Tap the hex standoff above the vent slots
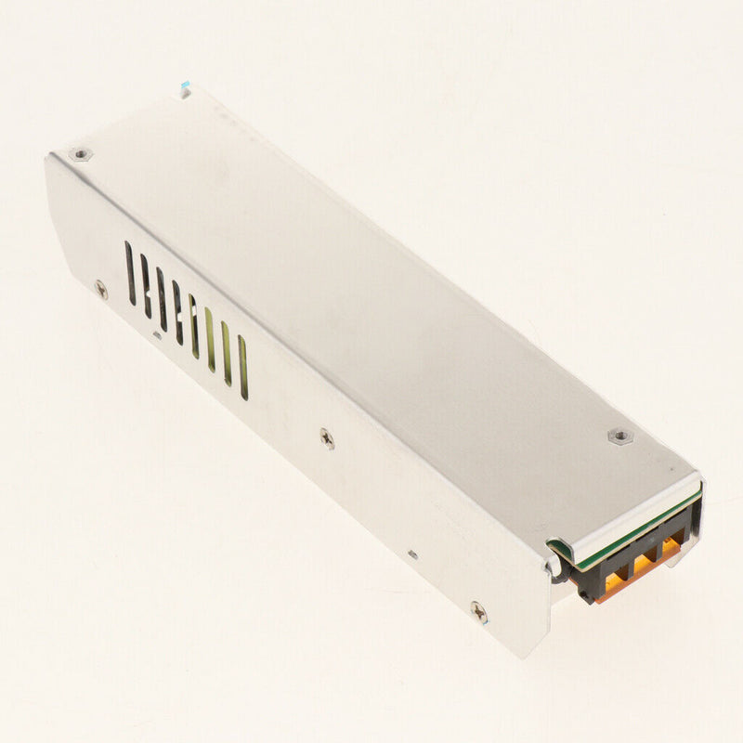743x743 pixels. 82,153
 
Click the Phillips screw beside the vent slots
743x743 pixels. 100,289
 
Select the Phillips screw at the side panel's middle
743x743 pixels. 327,437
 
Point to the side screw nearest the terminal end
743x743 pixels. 477,610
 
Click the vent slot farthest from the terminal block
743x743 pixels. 130,272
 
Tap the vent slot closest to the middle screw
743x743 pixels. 243,367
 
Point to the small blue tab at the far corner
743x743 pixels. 186,89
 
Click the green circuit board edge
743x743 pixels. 632,530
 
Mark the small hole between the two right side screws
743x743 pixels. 412,554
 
